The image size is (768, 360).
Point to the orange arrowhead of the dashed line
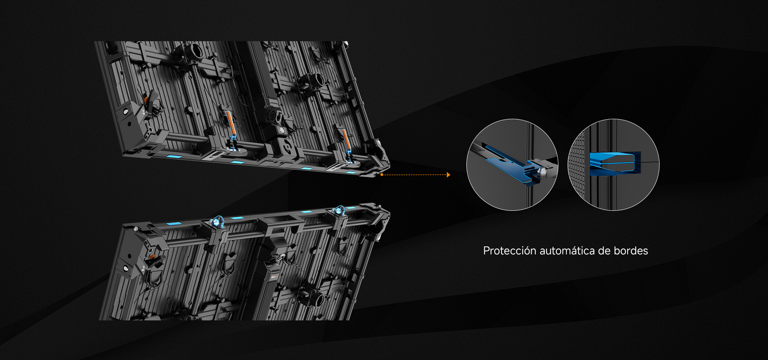tap(448, 175)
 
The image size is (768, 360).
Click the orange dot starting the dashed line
tap(382, 175)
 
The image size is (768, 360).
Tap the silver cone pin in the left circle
tap(543, 172)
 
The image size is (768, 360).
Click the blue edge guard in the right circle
tap(615, 164)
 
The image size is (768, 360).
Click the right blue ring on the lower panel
tap(340, 210)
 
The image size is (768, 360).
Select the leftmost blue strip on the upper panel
tap(174, 156)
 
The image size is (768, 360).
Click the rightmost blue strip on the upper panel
tap(351, 172)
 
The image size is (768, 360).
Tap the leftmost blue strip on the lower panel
tap(174, 224)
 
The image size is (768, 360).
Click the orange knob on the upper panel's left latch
tap(146, 99)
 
